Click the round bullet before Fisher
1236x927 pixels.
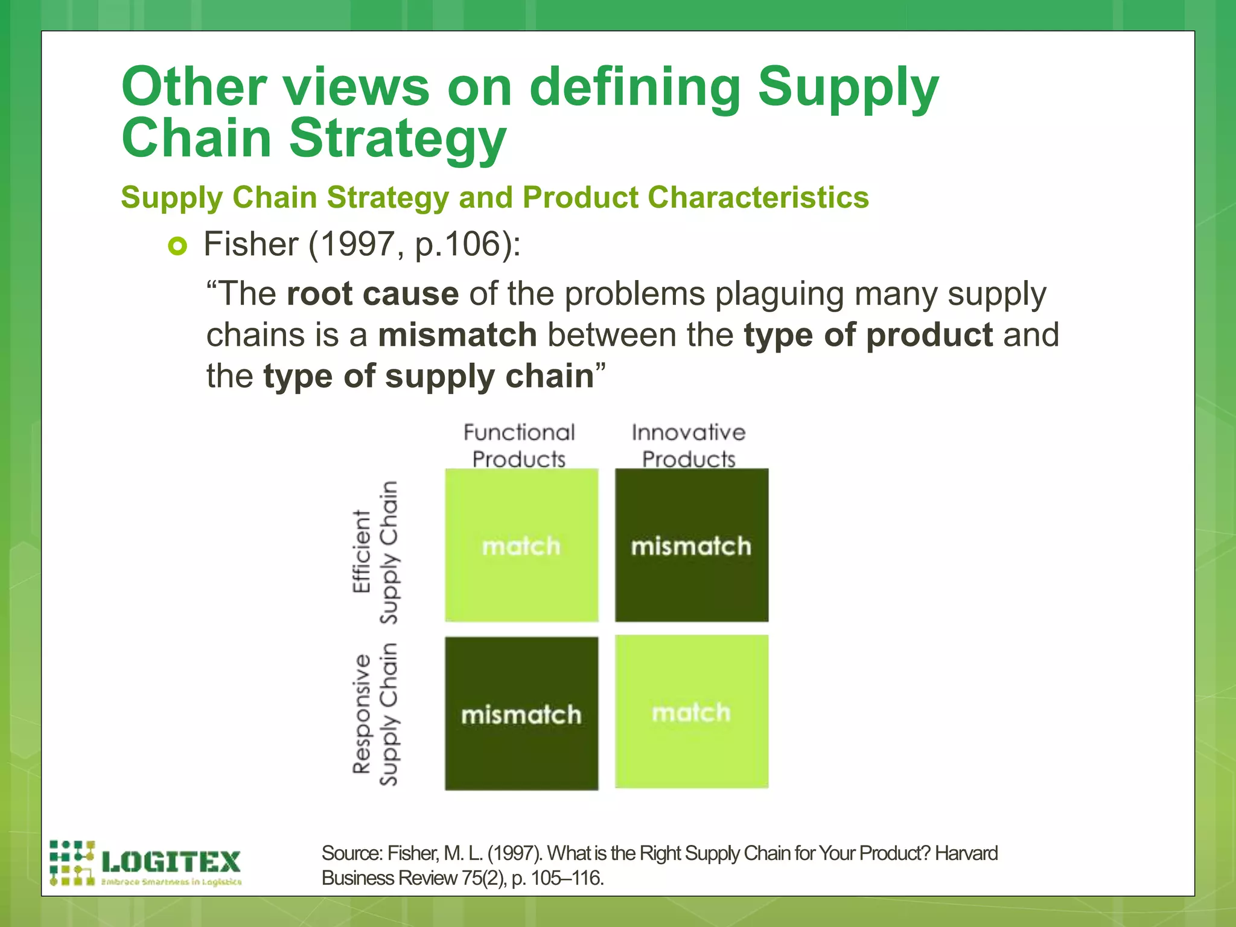pos(177,246)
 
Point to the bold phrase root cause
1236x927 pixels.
pos(372,294)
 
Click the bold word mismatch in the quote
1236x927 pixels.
pos(457,335)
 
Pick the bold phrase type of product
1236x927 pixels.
pos(868,335)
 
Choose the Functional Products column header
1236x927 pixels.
pos(519,445)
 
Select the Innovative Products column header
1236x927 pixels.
pos(689,445)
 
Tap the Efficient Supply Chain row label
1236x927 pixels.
pos(375,552)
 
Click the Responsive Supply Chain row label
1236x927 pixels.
pos(375,714)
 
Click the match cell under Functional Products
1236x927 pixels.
pos(521,546)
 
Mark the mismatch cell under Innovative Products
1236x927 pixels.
pos(692,546)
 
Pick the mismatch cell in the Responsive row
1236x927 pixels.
pos(521,715)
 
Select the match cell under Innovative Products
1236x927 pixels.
pos(692,712)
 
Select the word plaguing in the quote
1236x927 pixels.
pos(779,294)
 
